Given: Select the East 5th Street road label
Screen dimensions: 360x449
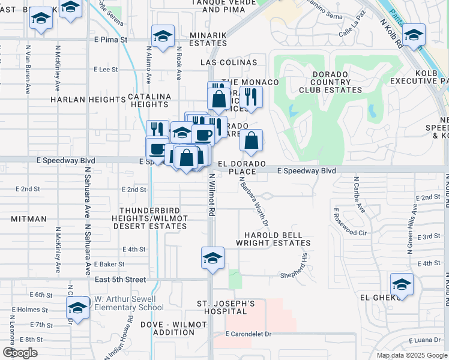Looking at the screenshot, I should click(x=121, y=280).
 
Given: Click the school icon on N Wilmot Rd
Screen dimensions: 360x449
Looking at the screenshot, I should click(x=212, y=259).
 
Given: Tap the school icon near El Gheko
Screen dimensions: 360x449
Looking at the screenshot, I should click(x=402, y=284).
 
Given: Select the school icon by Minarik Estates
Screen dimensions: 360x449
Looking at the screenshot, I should click(x=163, y=36).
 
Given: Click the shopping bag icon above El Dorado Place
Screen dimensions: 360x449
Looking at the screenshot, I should click(x=252, y=141).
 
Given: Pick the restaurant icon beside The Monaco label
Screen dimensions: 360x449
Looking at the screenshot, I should click(x=251, y=97).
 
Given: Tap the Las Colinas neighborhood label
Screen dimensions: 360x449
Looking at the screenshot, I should click(x=229, y=62).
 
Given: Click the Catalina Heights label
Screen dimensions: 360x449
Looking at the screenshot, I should click(x=149, y=100).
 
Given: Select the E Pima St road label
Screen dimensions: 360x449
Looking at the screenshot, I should click(x=111, y=40).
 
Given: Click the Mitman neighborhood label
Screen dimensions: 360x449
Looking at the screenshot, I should click(x=28, y=219).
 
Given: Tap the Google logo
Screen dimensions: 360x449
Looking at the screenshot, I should click(x=19, y=352).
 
